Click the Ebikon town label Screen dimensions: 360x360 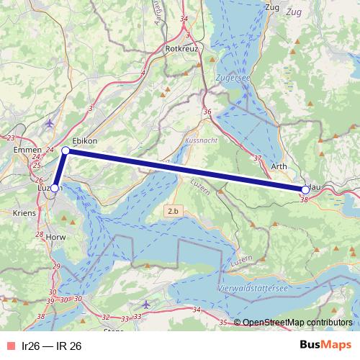(85, 140)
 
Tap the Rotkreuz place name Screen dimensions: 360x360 (181, 48)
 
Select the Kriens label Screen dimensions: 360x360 (24, 213)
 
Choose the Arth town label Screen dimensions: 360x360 (281, 166)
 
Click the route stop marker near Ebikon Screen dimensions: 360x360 (66, 150)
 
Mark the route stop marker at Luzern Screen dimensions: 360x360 (55, 188)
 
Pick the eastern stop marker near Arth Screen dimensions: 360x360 (305, 189)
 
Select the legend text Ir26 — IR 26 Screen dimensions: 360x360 (52, 346)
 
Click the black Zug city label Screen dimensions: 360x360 (272, 7)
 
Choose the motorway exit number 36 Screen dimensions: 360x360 (208, 112)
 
